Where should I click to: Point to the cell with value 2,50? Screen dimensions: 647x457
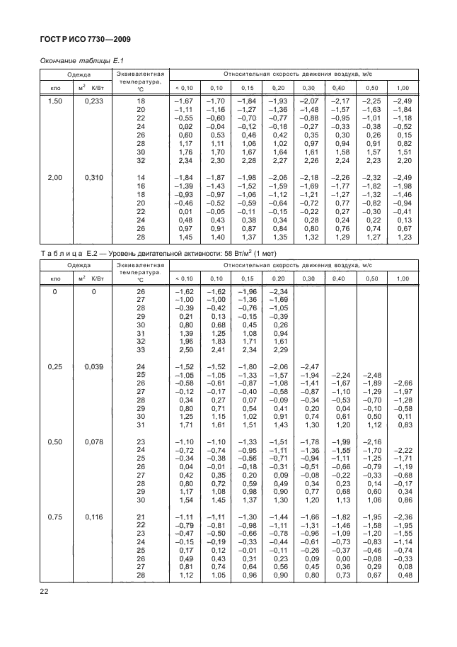pyautogui.click(x=185, y=349)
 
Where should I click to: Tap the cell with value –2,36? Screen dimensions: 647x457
pyautogui.click(x=404, y=517)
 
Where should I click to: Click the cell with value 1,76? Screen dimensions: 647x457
pyautogui.click(x=185, y=152)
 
